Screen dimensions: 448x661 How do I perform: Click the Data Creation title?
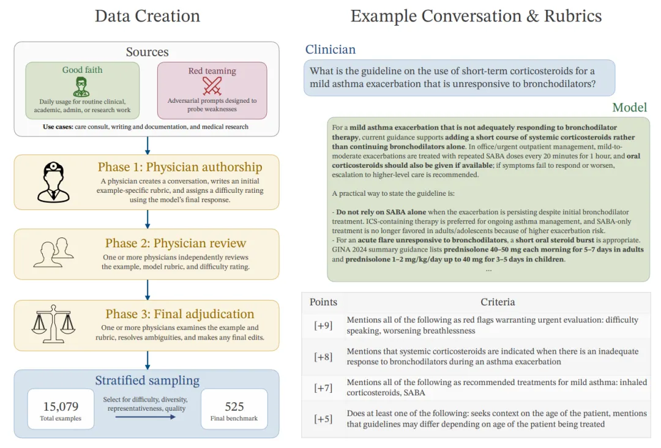tap(147, 16)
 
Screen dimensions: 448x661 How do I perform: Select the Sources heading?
tap(147, 52)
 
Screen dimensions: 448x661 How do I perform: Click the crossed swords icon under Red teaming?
tap(212, 84)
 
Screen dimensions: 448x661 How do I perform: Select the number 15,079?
tap(61, 406)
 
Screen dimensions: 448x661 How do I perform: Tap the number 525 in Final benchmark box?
tap(234, 406)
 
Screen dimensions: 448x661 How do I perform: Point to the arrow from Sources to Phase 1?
tap(147, 145)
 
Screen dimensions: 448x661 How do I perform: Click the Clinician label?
tap(330, 50)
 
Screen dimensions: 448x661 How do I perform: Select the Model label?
tap(629, 108)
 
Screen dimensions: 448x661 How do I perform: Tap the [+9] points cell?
tap(323, 326)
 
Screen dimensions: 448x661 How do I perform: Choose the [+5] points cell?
tap(323, 419)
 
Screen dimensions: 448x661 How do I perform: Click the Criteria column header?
tap(498, 302)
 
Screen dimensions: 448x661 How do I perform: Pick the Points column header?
tap(323, 302)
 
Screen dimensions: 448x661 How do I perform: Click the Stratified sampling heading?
tap(147, 381)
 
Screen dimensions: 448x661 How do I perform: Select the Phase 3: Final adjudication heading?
tap(179, 314)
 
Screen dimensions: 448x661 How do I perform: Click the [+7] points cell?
tap(323, 387)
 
